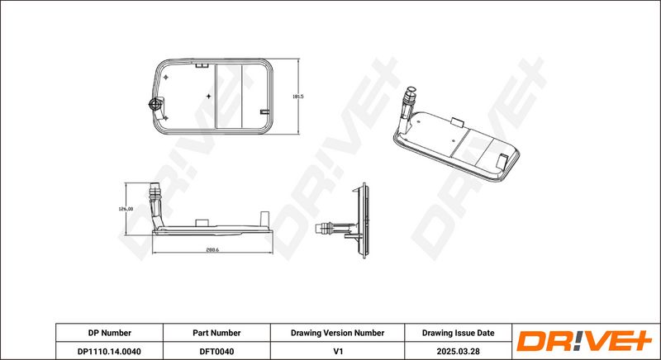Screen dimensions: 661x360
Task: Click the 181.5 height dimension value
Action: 297,97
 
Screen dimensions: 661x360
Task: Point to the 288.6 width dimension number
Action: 213,249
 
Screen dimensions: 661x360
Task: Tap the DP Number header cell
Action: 110,333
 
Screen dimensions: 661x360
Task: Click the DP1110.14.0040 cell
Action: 110,351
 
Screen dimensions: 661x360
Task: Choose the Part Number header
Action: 216,333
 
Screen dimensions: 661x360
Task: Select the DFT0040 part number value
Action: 216,351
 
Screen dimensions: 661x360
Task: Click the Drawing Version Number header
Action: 337,333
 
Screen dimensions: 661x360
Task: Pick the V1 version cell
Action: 338,351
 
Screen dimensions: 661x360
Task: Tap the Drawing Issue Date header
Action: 459,333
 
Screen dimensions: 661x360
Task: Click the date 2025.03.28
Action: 459,351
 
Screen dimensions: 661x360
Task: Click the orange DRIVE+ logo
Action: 584,341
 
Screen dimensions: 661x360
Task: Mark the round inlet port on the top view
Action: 155,103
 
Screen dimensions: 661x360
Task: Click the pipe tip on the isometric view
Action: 410,91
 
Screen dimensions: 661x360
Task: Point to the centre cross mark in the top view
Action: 208,97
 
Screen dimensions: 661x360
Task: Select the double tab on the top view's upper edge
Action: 202,65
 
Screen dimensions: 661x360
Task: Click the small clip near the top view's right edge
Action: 264,112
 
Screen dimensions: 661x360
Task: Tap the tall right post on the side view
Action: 264,219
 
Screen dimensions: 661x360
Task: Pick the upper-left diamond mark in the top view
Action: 166,78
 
